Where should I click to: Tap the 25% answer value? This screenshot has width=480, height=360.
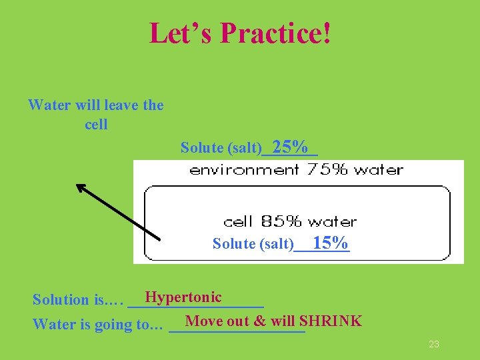point(290,147)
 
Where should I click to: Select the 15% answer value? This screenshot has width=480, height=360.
point(330,243)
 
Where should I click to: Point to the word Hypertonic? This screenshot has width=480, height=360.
point(183,297)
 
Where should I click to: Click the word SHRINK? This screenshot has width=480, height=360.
point(331,321)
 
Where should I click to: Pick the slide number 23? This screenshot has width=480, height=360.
point(433,344)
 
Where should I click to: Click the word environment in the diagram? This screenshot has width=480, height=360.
point(243,170)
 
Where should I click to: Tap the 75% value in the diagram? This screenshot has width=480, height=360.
point(327,169)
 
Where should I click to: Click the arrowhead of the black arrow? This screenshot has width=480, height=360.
point(82,189)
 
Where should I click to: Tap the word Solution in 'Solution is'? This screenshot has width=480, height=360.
point(61,300)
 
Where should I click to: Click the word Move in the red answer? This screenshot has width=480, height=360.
point(203,321)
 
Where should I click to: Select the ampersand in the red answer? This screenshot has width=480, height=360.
point(260,321)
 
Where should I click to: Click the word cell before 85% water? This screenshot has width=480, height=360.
point(238,221)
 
